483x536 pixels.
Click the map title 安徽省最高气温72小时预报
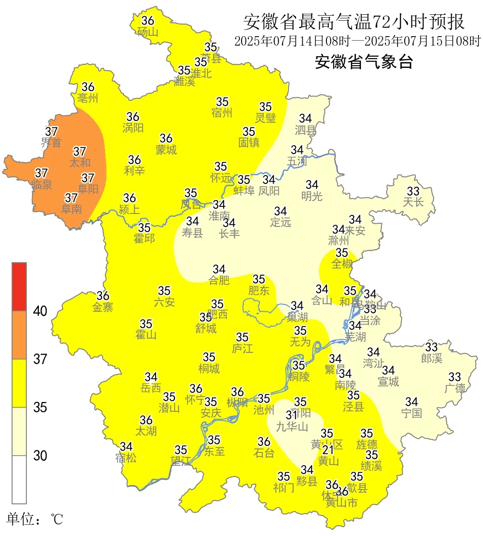[x=354, y=21]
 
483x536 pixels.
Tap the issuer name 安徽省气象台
[x=364, y=62]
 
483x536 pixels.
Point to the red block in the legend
[x=19, y=286]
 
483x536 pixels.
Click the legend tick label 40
[x=40, y=311]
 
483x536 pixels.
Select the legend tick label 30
[x=40, y=456]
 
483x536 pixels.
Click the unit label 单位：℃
[x=34, y=519]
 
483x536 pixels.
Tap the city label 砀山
[x=148, y=32]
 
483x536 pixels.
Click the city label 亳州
[x=88, y=98]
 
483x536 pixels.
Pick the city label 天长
[x=413, y=202]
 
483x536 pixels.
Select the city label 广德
[x=455, y=388]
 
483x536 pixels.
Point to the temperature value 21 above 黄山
[x=328, y=450]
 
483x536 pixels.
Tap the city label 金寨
[x=103, y=307]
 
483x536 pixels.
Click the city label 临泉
[x=42, y=184]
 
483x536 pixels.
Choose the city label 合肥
[x=219, y=280]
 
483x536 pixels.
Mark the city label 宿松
[x=126, y=458]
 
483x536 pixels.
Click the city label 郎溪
[x=432, y=358]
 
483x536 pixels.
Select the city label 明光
[x=312, y=196]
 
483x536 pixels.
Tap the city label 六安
[x=164, y=302]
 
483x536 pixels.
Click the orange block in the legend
[x=19, y=335]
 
